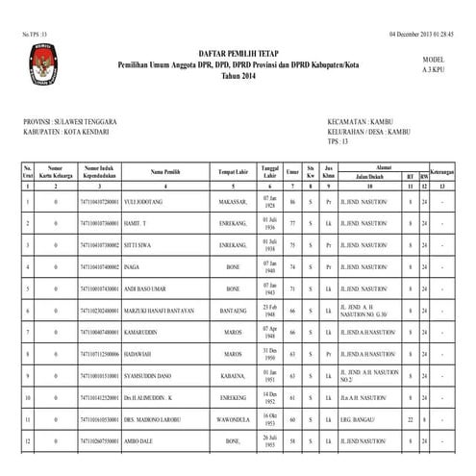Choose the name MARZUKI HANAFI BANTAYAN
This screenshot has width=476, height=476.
(165, 312)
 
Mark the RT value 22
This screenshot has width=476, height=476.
(410, 419)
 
